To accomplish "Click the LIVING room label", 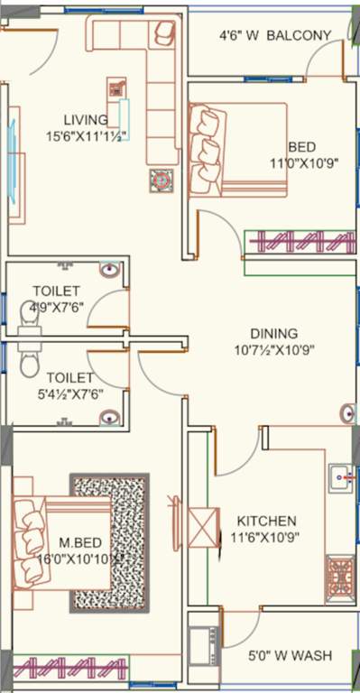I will (86, 119).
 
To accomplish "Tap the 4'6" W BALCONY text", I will (275, 36).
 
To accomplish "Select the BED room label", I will (302, 147).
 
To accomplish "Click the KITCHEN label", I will (266, 521).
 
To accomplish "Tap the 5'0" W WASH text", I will (289, 655).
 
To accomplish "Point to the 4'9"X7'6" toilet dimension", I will (56, 306).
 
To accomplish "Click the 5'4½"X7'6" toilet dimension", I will (58, 393).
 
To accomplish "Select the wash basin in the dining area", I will (349, 413).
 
